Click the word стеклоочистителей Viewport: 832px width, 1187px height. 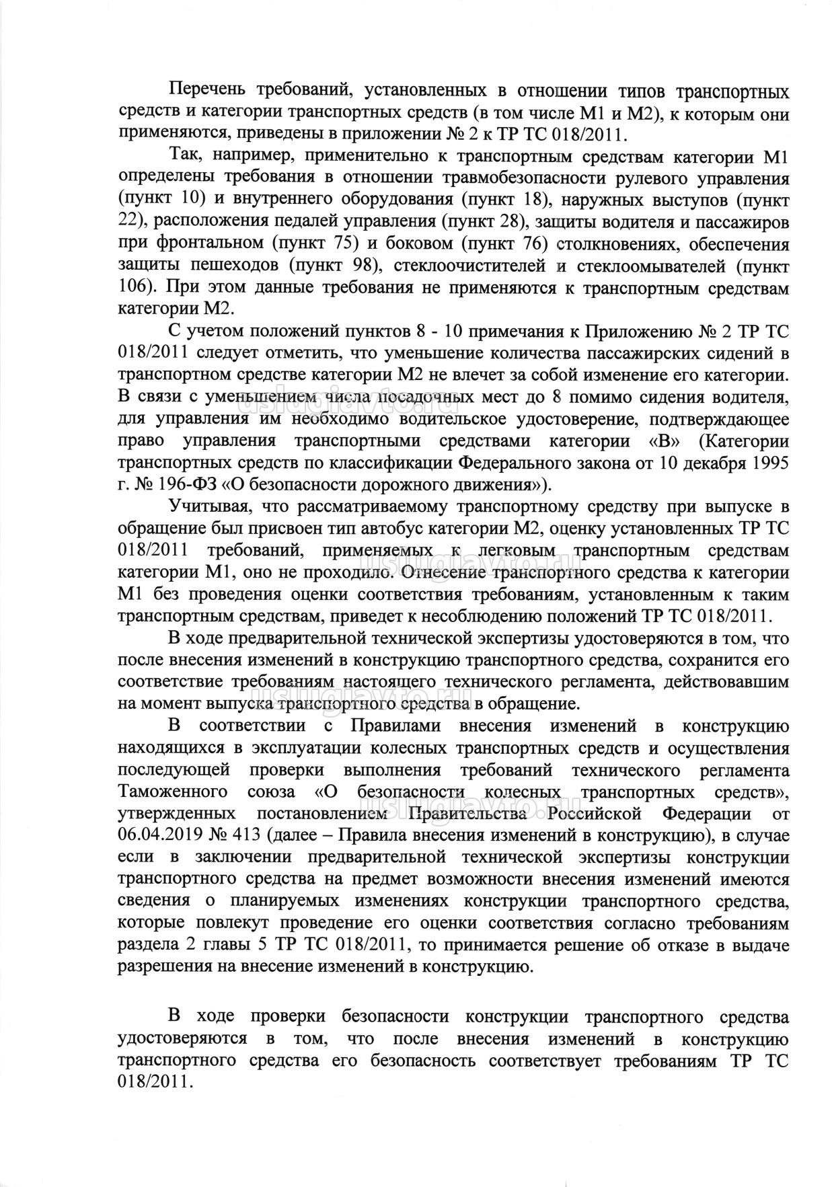471,266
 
